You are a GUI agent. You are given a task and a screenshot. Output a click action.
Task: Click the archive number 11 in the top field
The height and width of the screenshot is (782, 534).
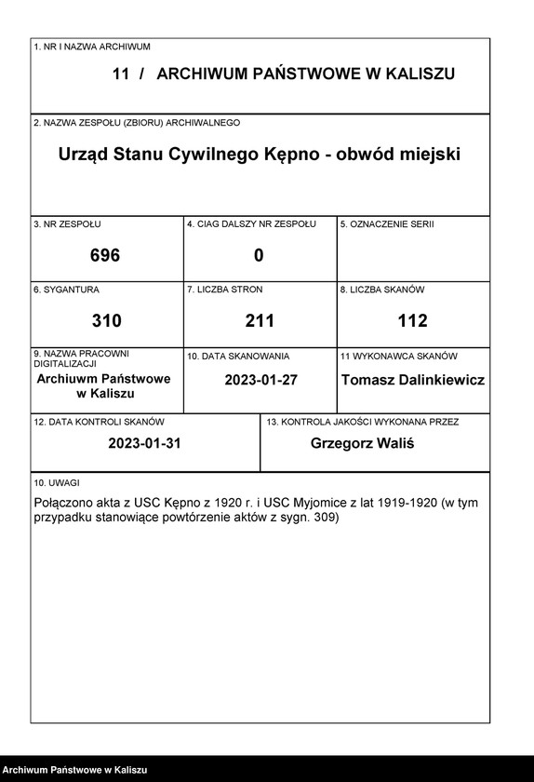[x=120, y=74]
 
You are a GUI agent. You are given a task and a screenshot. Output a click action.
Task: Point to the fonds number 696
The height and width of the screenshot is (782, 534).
[x=105, y=255]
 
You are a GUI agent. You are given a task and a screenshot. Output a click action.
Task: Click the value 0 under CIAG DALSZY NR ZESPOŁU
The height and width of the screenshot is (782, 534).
[x=259, y=255]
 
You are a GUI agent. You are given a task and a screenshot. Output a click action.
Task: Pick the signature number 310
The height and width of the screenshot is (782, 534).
[x=106, y=321]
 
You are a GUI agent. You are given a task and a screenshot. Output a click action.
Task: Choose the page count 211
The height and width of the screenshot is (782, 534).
[x=260, y=321]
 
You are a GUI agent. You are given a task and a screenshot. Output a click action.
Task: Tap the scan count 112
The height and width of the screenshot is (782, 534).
[x=412, y=321]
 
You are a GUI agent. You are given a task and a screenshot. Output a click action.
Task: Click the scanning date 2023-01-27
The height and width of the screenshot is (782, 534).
[x=260, y=380]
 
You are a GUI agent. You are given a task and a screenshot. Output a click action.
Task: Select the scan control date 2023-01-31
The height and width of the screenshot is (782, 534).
[x=144, y=443]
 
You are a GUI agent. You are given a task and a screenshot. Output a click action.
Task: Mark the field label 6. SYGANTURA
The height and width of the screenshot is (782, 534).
[x=66, y=290]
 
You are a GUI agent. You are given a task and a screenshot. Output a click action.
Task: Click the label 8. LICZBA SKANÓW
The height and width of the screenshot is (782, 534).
[x=381, y=290]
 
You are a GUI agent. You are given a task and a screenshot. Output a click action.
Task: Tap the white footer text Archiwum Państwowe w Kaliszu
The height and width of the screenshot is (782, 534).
[x=74, y=770]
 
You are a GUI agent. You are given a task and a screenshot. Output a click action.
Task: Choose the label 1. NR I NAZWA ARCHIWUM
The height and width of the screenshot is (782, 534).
[x=91, y=46]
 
